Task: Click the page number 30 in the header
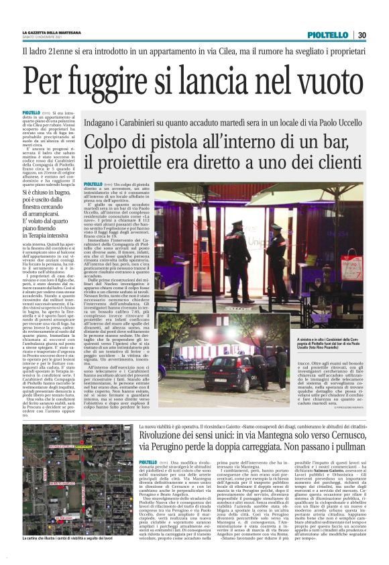click(361, 35)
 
